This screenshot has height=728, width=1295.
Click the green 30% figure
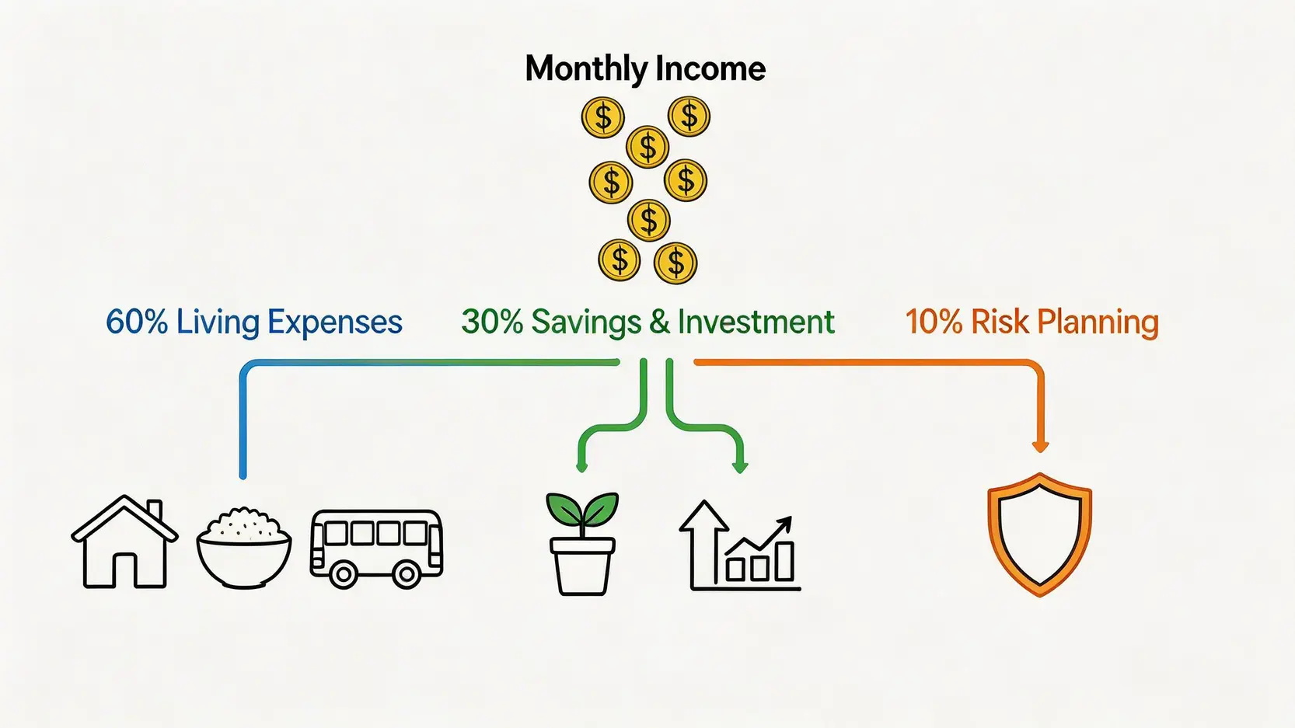coord(492,321)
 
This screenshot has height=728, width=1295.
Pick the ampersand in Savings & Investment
coord(660,321)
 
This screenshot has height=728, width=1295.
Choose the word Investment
coord(756,321)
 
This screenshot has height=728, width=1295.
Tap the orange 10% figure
coord(934,321)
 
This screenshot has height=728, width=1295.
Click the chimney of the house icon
coord(154,510)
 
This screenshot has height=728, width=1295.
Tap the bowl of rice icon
coord(243,547)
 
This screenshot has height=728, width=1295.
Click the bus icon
coord(376,549)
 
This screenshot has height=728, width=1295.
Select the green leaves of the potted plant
coord(582,508)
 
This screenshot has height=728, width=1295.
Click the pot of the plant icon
coord(582,566)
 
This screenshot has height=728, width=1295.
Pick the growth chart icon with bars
coord(740,546)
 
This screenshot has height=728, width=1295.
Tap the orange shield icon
coord(1040,535)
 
